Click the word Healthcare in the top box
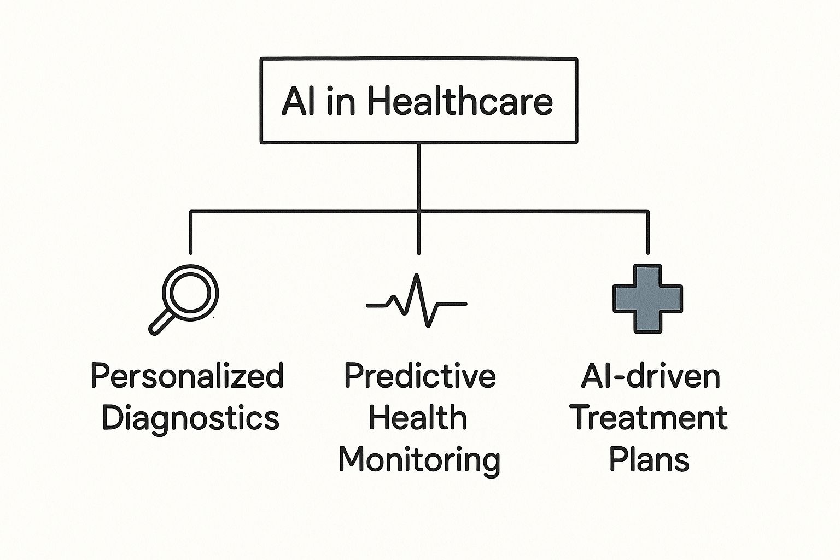[460, 101]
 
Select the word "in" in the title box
[341, 101]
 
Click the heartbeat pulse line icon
[417, 300]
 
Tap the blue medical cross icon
[647, 299]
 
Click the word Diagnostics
[190, 418]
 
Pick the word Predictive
[420, 376]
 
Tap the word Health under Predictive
[418, 417]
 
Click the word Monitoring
[419, 460]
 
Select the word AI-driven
[651, 376]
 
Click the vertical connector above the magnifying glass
[190, 232]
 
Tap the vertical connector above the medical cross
[647, 232]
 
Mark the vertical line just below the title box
[418, 177]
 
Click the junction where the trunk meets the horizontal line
[418, 212]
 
